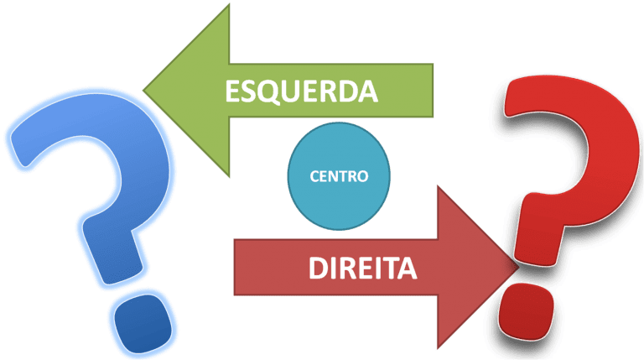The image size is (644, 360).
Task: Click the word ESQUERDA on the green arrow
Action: pos(301,90)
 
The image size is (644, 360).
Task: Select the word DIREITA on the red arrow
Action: pos(362,269)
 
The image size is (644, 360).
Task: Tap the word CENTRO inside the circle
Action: pos(339,178)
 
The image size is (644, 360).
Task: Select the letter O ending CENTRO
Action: pos(361,178)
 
